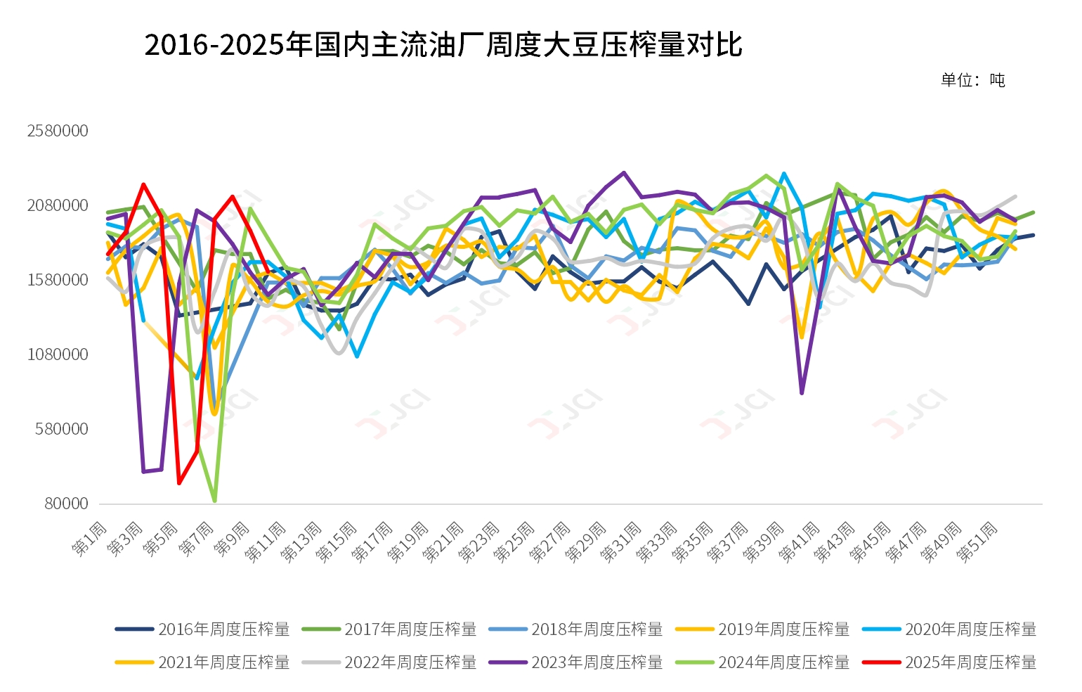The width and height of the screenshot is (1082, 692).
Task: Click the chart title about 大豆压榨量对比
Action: [443, 45]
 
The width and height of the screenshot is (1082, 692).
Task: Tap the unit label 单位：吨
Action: [973, 80]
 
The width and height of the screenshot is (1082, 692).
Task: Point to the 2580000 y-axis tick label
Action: [58, 131]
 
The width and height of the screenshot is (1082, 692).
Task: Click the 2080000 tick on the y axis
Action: [58, 205]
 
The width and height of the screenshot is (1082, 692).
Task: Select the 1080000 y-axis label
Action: [58, 354]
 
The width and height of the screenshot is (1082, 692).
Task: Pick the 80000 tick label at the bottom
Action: [67, 504]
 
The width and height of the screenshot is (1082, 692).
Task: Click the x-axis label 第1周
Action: [89, 539]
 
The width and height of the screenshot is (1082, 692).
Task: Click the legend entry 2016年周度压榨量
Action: [203, 629]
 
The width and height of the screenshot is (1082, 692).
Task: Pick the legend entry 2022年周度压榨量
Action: [390, 662]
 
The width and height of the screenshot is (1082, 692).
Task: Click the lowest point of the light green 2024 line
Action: [214, 501]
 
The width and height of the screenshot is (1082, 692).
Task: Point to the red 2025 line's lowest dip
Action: [179, 483]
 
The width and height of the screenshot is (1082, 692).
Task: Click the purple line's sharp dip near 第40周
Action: [802, 393]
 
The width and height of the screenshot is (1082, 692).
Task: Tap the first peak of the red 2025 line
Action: [143, 184]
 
